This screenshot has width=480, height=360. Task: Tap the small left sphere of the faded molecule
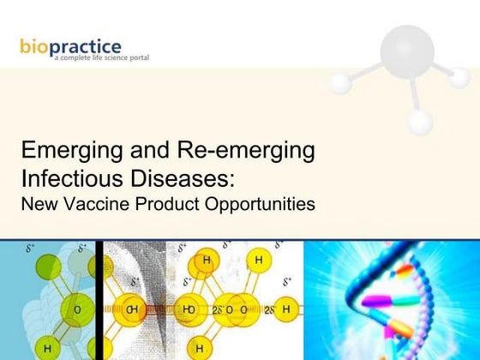(340, 81)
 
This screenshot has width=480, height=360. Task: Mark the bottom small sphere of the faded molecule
(419, 121)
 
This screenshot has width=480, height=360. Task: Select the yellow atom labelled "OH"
(134, 308)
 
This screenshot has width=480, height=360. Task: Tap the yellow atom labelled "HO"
(188, 308)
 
